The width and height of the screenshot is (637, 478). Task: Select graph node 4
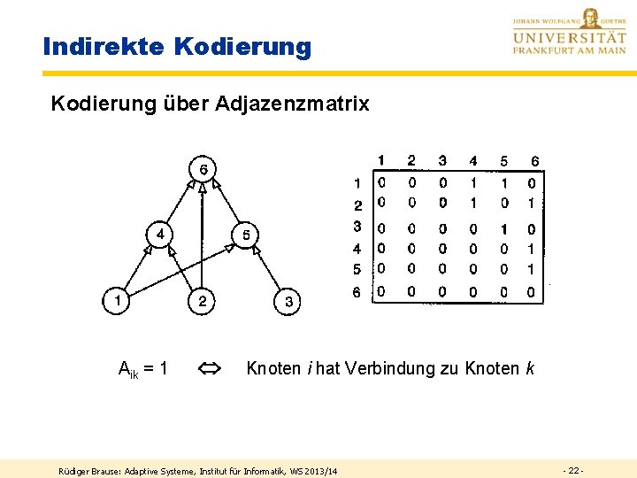161,235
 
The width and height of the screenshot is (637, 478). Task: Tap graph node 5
246,235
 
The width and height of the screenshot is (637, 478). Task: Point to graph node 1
117,301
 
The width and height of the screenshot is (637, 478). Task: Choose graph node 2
203,301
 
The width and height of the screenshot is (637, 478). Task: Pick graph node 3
288,302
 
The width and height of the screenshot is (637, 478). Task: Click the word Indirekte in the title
102,46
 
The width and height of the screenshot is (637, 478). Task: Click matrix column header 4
472,161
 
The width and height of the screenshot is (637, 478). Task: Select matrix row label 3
357,227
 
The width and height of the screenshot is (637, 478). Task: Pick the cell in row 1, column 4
472,183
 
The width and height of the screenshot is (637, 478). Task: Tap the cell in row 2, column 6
531,203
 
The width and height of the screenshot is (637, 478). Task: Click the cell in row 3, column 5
503,229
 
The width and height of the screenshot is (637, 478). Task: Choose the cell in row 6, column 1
381,291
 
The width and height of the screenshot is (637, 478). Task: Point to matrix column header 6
534,161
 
